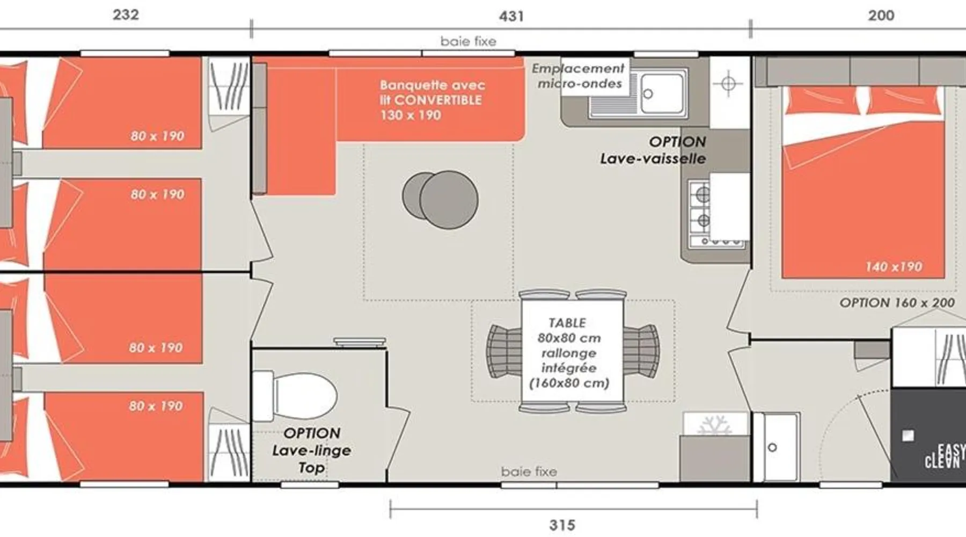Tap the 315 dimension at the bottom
click(x=562, y=525)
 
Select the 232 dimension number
click(x=126, y=14)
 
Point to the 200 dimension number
click(x=881, y=16)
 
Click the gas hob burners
click(x=701, y=207)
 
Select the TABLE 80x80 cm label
click(x=569, y=330)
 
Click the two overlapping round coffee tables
click(x=440, y=199)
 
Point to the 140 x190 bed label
click(x=894, y=266)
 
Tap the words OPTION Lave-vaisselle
click(x=653, y=150)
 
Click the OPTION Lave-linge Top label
click(x=311, y=451)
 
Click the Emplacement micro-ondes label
click(x=579, y=76)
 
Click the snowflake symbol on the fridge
click(x=714, y=425)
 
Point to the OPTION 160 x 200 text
click(x=897, y=303)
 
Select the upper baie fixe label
click(x=469, y=41)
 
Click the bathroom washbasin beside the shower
click(x=777, y=447)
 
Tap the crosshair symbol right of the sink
click(x=728, y=84)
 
